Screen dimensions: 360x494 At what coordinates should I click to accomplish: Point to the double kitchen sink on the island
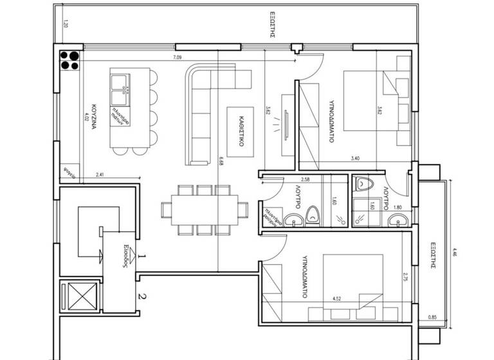point(118,89)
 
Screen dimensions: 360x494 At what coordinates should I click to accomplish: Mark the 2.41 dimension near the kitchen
point(100,174)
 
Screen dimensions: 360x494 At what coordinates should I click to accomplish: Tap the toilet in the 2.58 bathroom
point(313,215)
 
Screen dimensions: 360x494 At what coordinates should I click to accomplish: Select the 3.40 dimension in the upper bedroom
point(354,157)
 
